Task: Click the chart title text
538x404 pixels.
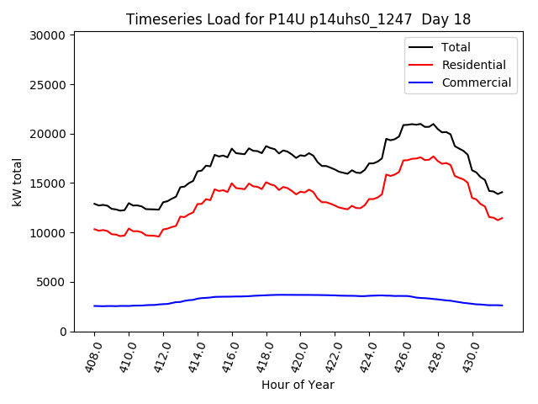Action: pyautogui.click(x=298, y=19)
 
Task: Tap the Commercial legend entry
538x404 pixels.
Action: pyautogui.click(x=476, y=82)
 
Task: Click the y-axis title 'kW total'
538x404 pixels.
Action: pyautogui.click(x=17, y=182)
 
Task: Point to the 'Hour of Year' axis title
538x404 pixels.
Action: pyautogui.click(x=298, y=385)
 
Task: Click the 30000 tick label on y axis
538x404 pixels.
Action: pyautogui.click(x=47, y=35)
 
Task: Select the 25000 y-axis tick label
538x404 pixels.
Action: pyautogui.click(x=47, y=85)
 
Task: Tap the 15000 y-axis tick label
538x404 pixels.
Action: pyautogui.click(x=47, y=183)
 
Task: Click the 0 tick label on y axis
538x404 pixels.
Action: pyautogui.click(x=62, y=332)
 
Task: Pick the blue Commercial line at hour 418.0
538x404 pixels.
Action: pyautogui.click(x=266, y=295)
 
